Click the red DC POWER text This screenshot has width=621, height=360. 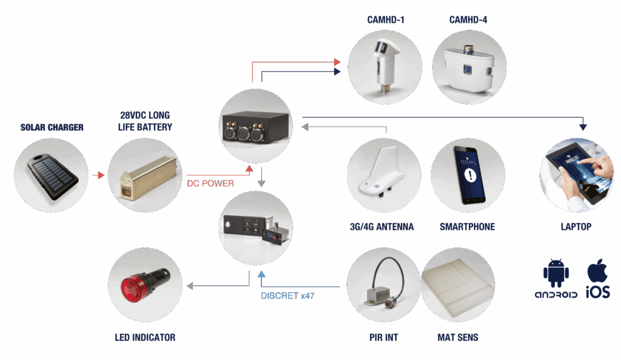pyautogui.click(x=210, y=183)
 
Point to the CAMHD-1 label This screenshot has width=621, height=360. pyautogui.click(x=386, y=20)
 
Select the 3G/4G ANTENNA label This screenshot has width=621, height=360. pyautogui.click(x=382, y=227)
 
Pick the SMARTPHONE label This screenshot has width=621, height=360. pyautogui.click(x=467, y=227)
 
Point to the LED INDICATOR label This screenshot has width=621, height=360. pyautogui.click(x=145, y=337)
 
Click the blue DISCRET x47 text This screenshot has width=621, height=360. pyautogui.click(x=287, y=296)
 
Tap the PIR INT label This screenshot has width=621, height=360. pyautogui.click(x=383, y=337)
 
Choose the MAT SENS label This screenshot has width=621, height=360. pyautogui.click(x=458, y=337)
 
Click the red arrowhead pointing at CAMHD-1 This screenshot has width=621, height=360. pyautogui.click(x=338, y=62)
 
